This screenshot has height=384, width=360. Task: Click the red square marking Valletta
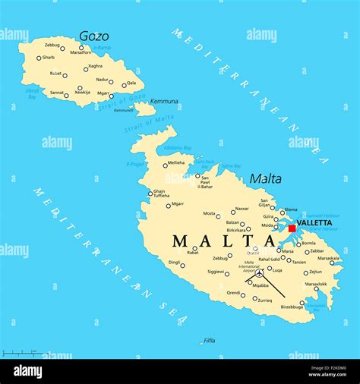point(292,228)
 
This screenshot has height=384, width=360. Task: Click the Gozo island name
point(93,36)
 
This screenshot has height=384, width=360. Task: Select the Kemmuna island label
point(164,101)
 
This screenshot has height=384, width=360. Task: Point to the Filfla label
point(209,340)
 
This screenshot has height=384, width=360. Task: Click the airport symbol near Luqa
point(260,274)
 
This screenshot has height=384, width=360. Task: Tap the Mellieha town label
point(175,162)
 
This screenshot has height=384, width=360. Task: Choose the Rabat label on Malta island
point(193,252)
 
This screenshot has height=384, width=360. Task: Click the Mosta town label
point(209,213)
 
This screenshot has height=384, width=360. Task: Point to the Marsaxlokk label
point(316,285)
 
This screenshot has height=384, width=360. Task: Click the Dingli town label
point(174,263)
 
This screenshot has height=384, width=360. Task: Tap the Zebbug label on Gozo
point(52,46)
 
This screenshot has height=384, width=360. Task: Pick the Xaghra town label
point(95,66)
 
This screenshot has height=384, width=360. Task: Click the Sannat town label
point(57,92)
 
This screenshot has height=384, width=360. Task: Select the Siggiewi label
point(216,271)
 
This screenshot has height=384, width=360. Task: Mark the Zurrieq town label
point(264,300)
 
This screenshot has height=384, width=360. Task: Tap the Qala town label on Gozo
point(131,83)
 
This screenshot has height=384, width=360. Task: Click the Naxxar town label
point(242,209)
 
